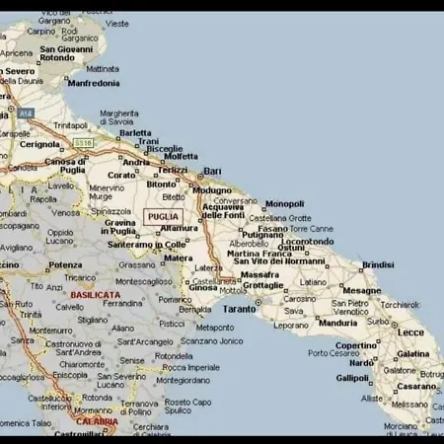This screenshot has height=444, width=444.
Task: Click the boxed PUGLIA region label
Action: point(163,216)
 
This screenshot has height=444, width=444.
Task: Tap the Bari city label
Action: point(212,171)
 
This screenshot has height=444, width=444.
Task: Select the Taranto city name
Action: point(239,309)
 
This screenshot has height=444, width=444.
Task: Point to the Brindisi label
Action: point(378,264)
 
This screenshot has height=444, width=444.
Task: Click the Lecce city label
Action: point(410,333)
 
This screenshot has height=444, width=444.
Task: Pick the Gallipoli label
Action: point(352,377)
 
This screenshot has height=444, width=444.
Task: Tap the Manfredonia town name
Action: point(94,84)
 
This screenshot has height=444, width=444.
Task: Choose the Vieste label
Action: point(116,23)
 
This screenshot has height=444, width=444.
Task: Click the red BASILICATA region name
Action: point(94,294)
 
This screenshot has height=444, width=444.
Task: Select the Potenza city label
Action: point(65,264)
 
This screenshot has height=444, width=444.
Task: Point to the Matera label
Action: point(178,258)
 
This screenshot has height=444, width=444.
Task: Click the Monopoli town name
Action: point(284,204)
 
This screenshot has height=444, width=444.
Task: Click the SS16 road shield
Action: point(83,143)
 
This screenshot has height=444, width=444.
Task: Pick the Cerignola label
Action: point(40,143)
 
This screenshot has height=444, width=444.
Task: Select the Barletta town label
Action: point(135,132)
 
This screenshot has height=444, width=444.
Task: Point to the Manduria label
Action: point(337,323)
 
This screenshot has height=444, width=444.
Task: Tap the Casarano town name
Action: point(417,386)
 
